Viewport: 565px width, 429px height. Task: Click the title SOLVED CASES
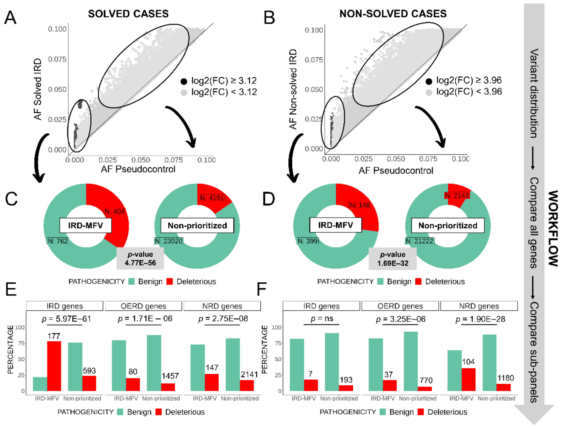pyautogui.click(x=128, y=14)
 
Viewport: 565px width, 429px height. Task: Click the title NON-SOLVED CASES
pyautogui.click(x=393, y=14)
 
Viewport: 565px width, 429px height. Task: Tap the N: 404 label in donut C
pyautogui.click(x=114, y=211)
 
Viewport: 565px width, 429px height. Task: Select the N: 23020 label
pyautogui.click(x=169, y=241)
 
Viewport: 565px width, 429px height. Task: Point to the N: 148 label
pyautogui.click(x=359, y=205)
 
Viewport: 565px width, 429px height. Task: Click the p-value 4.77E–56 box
pyautogui.click(x=140, y=258)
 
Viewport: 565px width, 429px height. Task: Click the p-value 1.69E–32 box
pyautogui.click(x=393, y=259)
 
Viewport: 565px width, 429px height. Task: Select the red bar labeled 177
pyautogui.click(x=54, y=366)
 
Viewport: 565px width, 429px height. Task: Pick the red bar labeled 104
pyautogui.click(x=468, y=379)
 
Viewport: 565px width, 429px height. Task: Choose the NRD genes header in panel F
pyautogui.click(x=479, y=306)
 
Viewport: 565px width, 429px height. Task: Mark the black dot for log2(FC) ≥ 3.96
pyautogui.click(x=429, y=81)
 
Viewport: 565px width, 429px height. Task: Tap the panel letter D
pyautogui.click(x=269, y=199)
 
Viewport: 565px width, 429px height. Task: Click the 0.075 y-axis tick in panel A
pyautogui.click(x=57, y=59)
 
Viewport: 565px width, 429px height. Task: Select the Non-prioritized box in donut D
pyautogui.click(x=448, y=225)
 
